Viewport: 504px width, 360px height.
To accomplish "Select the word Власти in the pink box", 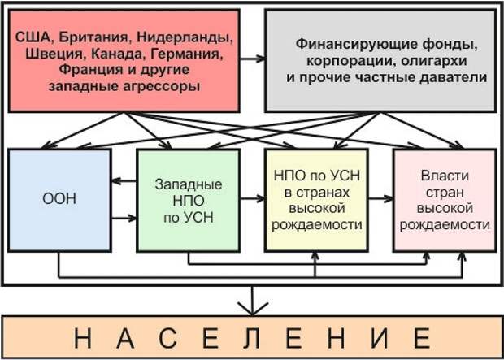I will click(x=444, y=176).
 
